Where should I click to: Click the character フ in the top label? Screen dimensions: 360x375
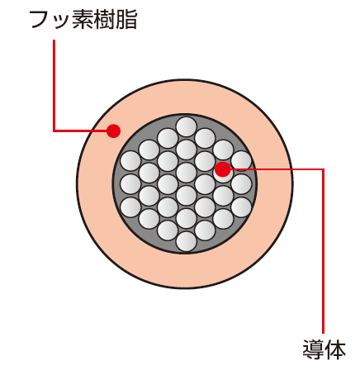(40, 20)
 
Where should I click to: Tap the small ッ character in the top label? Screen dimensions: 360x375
(59, 22)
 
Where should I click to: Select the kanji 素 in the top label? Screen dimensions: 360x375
(82, 20)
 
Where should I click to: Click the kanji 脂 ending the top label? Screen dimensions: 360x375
(126, 20)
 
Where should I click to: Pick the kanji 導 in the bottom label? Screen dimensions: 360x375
(313, 349)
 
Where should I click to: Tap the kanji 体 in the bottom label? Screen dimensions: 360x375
(334, 349)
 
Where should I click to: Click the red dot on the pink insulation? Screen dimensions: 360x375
(113, 131)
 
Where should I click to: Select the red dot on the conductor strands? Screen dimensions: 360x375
(222, 169)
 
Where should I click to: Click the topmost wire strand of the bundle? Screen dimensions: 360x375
(187, 127)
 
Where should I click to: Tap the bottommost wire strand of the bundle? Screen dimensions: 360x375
(187, 241)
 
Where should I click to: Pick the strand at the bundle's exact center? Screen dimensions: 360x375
(187, 173)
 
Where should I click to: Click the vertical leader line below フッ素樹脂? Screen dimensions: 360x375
(54, 85)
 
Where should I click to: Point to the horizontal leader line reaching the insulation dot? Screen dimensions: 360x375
(80, 131)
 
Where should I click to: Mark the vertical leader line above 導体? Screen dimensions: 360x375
(323, 251)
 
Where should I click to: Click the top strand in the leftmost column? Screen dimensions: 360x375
(130, 161)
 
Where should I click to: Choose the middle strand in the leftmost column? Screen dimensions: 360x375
(130, 184)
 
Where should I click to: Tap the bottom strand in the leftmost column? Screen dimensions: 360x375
(130, 207)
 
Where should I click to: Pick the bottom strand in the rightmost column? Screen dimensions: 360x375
(241, 207)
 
